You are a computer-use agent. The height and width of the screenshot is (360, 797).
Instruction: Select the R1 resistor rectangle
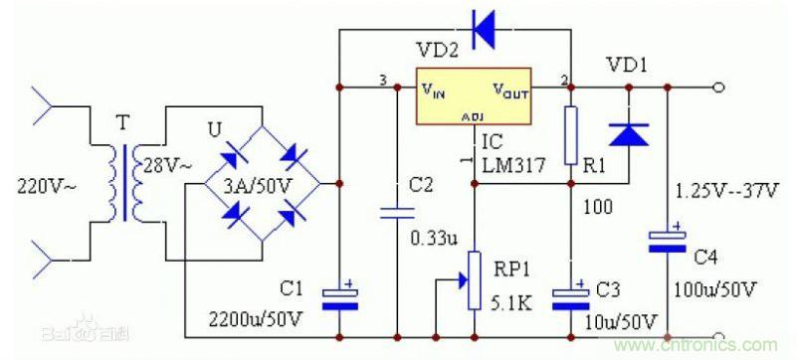(570, 137)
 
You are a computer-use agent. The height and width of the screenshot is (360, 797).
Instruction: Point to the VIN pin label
(434, 90)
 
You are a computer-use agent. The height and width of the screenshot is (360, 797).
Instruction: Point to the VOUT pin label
(510, 90)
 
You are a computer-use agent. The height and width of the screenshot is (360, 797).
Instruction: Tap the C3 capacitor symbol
(570, 297)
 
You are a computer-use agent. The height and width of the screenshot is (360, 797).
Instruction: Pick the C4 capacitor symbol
(668, 242)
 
